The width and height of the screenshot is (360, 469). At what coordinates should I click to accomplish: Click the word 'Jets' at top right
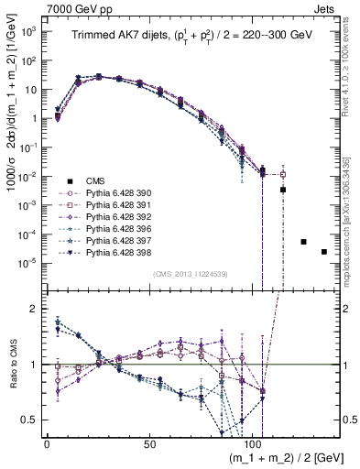(x=335, y=8)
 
